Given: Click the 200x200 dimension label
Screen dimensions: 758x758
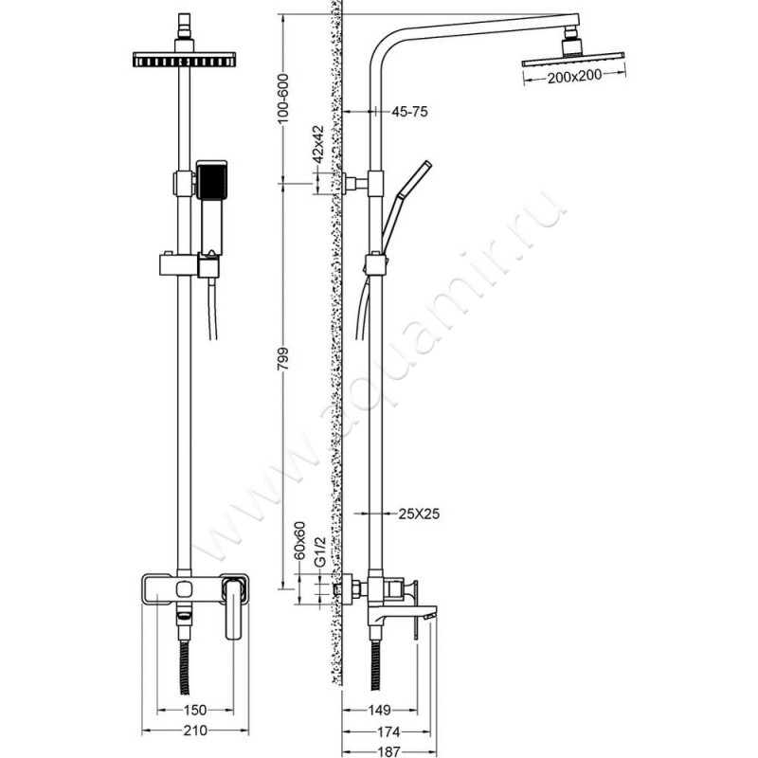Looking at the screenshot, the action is [574, 76].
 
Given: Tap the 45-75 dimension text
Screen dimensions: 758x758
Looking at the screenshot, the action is [409, 112].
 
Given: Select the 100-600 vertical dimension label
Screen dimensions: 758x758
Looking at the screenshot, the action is [283, 99].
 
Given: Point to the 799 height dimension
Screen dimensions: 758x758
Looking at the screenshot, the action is [283, 359].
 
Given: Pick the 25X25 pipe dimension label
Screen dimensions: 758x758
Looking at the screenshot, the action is [419, 514].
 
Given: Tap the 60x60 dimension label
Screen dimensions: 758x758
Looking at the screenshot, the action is [300, 540].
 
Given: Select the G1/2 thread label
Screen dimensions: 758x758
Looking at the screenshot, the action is [320, 551].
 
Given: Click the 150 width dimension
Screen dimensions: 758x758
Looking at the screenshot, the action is [195, 710].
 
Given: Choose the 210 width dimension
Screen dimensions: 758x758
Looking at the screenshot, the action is [195, 730].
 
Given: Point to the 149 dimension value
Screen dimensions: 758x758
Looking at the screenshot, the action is [380, 710].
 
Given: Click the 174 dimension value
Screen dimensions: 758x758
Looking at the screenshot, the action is [388, 731].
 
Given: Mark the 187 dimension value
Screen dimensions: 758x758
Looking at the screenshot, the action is [388, 751].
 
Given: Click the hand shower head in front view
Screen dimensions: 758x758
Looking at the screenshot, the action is [211, 180].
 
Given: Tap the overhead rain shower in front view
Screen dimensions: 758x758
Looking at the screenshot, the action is [184, 59].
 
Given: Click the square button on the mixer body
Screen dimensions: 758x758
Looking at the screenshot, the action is [184, 589].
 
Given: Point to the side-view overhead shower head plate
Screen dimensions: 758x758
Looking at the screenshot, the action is [573, 59].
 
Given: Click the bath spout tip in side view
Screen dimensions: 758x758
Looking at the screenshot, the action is [431, 615].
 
